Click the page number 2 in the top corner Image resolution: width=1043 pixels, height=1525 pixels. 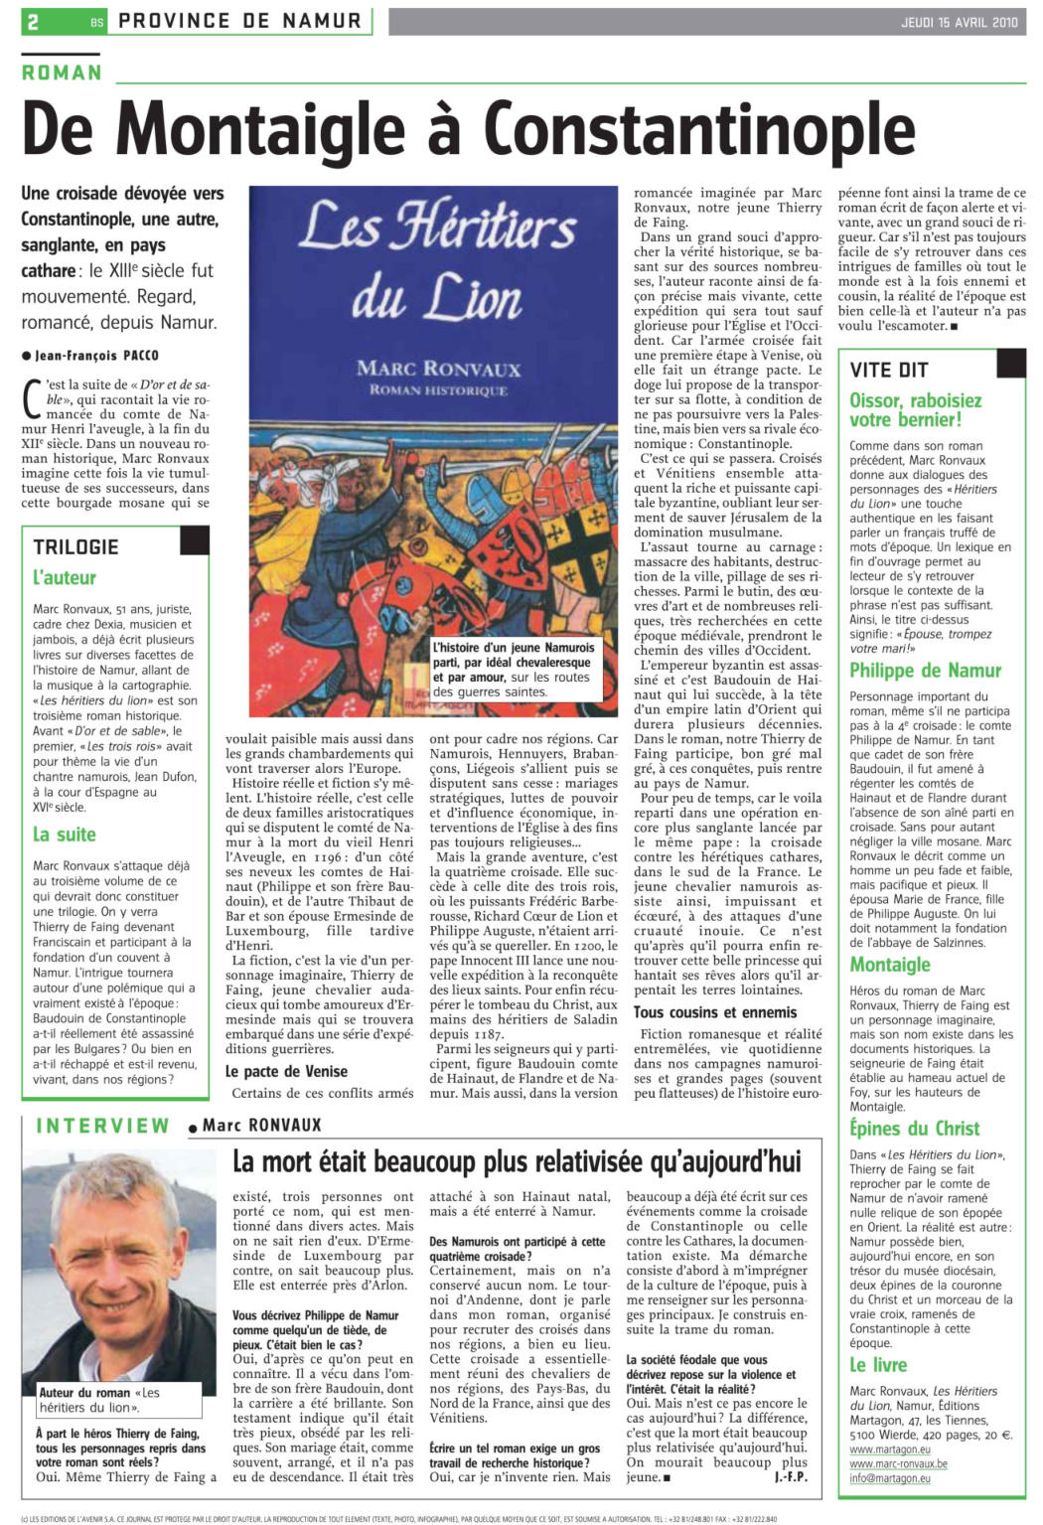33,21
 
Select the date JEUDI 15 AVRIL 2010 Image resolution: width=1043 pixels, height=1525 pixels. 959,22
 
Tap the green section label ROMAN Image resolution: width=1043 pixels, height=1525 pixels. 62,73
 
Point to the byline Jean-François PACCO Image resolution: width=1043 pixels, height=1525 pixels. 95,355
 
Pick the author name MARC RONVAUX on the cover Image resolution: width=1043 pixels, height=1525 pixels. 438,369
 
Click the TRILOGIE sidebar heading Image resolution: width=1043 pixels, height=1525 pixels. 75,546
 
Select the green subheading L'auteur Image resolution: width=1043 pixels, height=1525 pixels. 65,577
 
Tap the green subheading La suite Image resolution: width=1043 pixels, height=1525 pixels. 65,834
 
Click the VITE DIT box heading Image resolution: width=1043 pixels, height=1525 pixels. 889,370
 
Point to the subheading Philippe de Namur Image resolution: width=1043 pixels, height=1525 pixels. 925,671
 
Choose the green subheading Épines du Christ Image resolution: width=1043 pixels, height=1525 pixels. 914,1128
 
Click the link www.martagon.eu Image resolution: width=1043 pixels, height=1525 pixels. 890,1449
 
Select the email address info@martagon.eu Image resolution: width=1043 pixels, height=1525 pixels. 890,1478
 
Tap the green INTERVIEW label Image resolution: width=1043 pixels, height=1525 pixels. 102,1126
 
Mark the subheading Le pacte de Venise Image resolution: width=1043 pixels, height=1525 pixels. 286,1071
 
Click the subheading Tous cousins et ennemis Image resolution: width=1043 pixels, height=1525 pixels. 715,1012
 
